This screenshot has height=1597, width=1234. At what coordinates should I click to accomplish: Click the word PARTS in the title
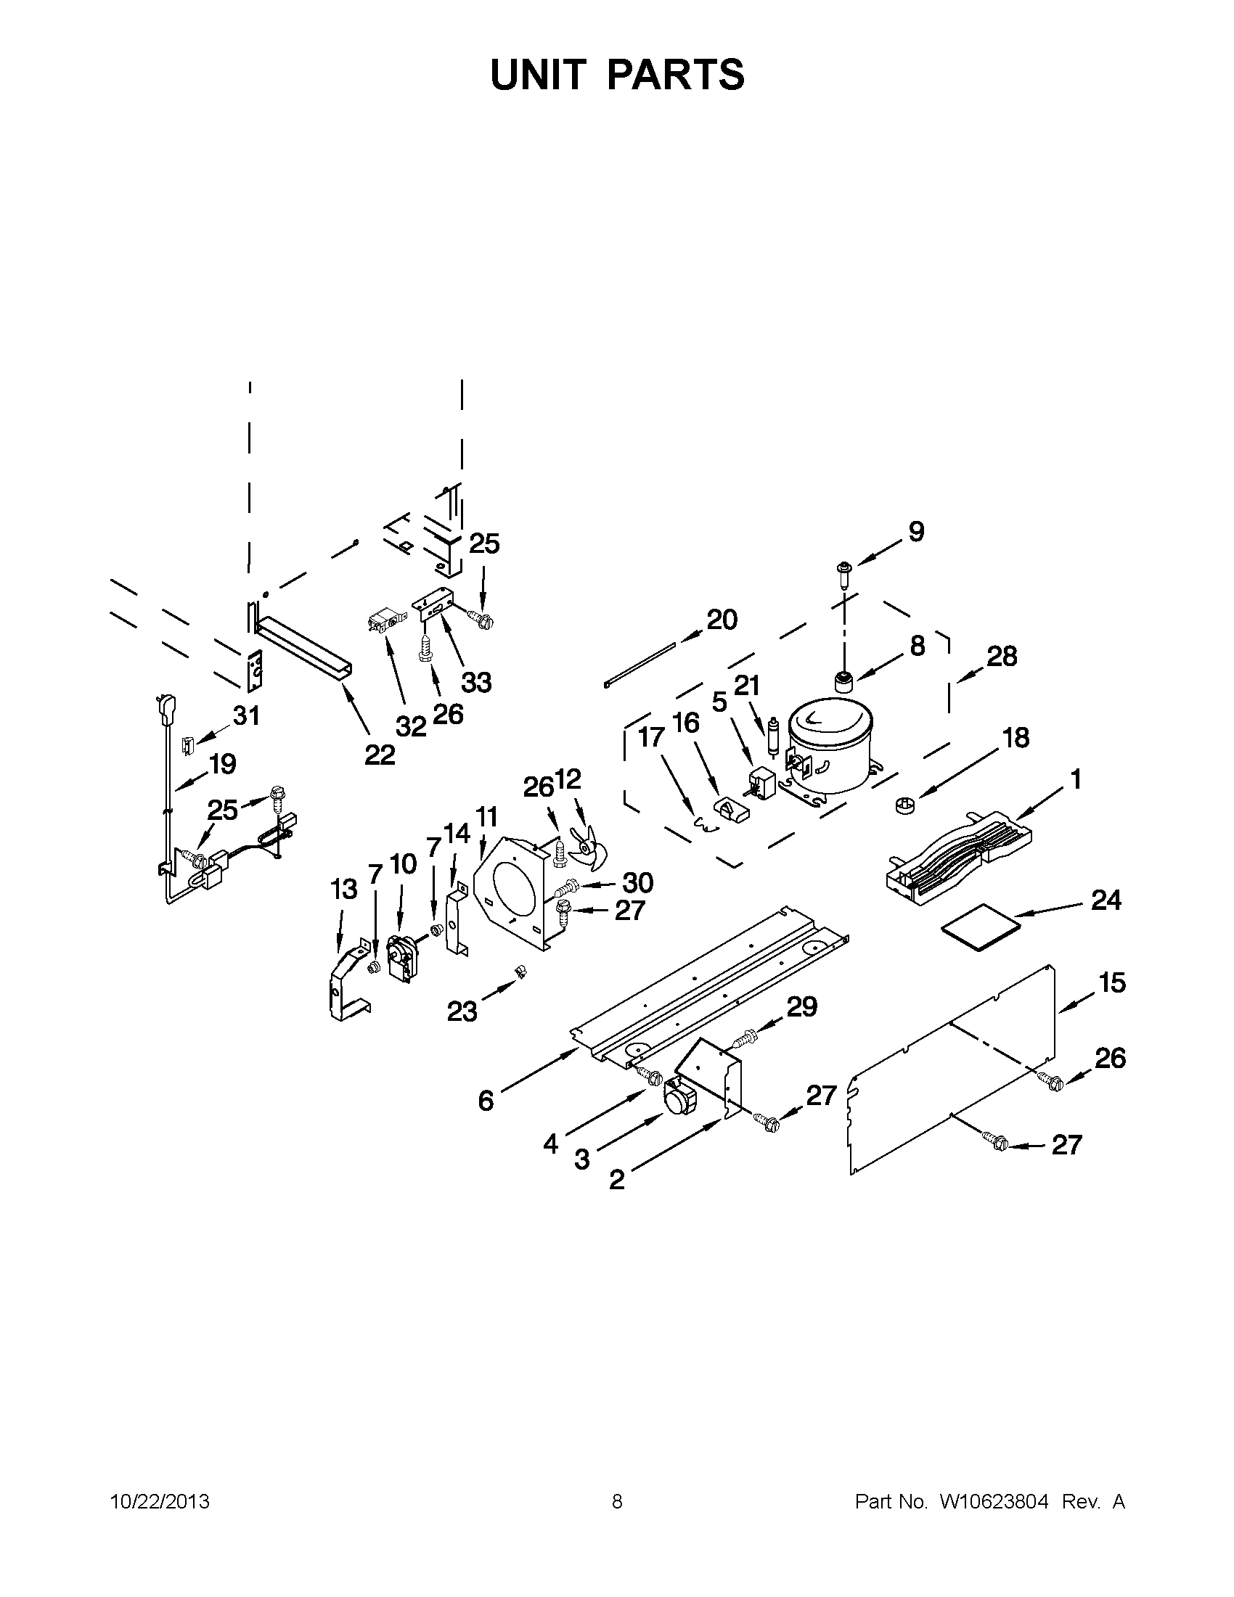click(676, 75)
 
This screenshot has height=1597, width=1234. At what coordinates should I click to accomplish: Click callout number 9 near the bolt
click(916, 532)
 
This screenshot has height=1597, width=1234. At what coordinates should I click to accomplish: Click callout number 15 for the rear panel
click(1112, 983)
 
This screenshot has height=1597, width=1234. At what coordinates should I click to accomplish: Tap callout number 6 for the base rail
click(486, 1100)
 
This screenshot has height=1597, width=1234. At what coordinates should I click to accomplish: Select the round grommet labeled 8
click(846, 683)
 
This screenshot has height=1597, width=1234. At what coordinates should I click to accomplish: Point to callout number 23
click(462, 1012)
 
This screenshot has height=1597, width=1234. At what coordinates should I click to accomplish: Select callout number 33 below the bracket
click(476, 683)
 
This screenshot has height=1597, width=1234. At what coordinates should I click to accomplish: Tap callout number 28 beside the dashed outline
click(1002, 657)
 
